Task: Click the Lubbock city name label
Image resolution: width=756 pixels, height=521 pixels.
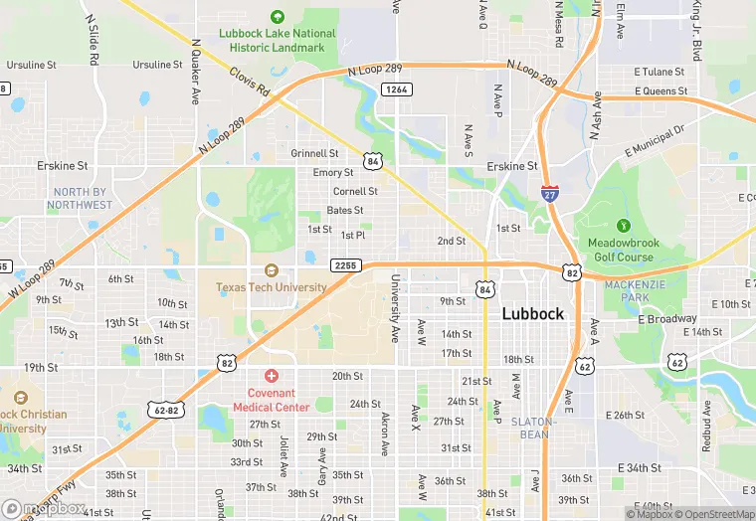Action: pyautogui.click(x=532, y=313)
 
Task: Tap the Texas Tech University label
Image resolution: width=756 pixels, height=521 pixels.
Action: pyautogui.click(x=272, y=287)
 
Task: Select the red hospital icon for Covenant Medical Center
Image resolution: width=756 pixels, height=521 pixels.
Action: pyautogui.click(x=272, y=375)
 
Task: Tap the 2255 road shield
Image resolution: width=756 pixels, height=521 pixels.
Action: pyautogui.click(x=345, y=266)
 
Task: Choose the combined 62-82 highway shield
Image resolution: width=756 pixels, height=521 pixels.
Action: pyautogui.click(x=168, y=409)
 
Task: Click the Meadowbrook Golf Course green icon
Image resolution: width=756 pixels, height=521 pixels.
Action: pyautogui.click(x=623, y=227)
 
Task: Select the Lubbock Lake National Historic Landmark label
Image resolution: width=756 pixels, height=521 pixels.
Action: pyautogui.click(x=277, y=40)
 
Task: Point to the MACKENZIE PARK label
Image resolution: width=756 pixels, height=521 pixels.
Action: pyautogui.click(x=634, y=290)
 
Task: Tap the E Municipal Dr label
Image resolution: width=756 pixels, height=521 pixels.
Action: pyautogui.click(x=656, y=141)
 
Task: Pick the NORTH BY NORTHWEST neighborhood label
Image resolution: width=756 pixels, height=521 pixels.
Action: pyautogui.click(x=79, y=198)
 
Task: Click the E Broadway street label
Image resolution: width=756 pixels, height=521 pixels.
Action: pyautogui.click(x=666, y=319)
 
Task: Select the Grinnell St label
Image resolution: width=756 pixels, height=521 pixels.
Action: pyautogui.click(x=314, y=154)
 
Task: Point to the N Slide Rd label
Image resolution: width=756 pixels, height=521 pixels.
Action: pyautogui.click(x=93, y=40)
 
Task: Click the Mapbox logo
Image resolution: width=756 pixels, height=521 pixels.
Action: pyautogui.click(x=44, y=508)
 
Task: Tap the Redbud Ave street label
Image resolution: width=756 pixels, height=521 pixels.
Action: pyautogui.click(x=705, y=425)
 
